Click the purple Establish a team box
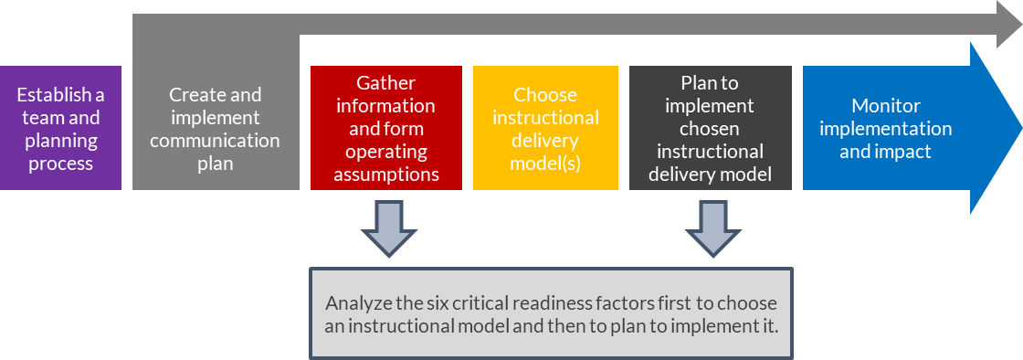click(60, 128)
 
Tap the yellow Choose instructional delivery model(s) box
click(545, 128)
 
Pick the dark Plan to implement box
click(710, 128)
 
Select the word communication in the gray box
click(215, 141)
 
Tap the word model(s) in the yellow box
click(545, 164)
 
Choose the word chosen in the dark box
click(710, 128)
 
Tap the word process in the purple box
click(60, 164)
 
